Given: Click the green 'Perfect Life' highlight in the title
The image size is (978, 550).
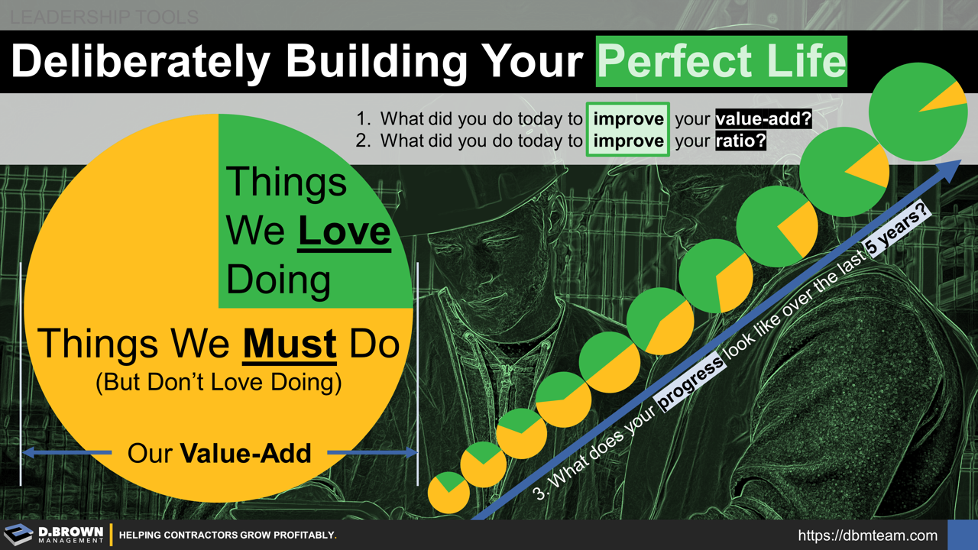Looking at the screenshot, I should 721,61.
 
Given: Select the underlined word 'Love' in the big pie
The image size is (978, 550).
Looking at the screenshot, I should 344,231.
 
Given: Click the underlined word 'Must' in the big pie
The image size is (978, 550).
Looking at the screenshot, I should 290,345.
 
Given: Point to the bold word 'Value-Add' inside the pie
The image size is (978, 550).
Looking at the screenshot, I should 245,454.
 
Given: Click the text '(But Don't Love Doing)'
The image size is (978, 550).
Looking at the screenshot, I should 219,382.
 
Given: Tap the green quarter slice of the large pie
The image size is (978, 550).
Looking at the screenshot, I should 306,214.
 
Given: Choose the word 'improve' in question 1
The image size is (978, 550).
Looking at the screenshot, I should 628,119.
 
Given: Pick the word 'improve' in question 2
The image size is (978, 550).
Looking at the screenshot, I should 628,141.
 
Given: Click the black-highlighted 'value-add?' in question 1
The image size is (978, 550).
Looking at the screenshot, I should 763,119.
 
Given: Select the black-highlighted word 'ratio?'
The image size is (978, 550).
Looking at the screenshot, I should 740,141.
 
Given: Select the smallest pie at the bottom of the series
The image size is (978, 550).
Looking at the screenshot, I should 449,493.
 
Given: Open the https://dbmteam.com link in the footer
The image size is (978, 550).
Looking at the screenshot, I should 867,535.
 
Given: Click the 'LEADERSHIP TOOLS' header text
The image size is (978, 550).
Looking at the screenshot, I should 105,16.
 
